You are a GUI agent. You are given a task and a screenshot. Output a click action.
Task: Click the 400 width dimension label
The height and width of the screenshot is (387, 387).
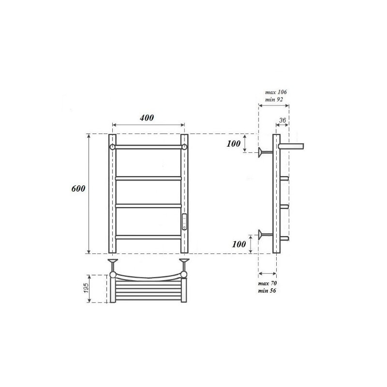pyautogui.click(x=148, y=118)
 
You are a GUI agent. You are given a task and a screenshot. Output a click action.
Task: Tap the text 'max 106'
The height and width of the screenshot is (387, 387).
pyautogui.click(x=277, y=92)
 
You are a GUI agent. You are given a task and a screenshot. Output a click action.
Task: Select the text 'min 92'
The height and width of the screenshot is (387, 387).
pyautogui.click(x=274, y=99)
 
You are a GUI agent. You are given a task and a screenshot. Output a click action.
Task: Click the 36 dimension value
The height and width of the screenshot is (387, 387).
pyautogui.click(x=283, y=120)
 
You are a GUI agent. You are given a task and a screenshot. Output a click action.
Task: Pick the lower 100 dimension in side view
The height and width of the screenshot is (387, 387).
pyautogui.click(x=239, y=244)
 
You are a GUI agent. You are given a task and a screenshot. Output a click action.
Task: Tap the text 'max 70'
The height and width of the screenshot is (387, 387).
pyautogui.click(x=268, y=283)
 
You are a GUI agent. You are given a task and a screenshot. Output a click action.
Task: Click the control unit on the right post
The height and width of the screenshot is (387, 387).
pyautogui.click(x=184, y=222)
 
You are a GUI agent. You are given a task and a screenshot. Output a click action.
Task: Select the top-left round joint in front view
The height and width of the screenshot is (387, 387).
pyautogui.click(x=112, y=147)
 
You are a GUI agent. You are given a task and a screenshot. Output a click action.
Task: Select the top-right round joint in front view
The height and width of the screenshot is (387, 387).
pyautogui.click(x=184, y=147)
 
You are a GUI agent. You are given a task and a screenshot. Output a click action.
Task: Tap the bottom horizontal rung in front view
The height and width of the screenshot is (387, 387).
pyautogui.click(x=148, y=237)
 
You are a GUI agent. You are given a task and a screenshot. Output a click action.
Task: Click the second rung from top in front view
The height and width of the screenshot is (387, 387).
pyautogui.click(x=148, y=178)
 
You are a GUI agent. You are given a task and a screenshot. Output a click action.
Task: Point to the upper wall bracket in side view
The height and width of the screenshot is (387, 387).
pyautogui.click(x=265, y=152)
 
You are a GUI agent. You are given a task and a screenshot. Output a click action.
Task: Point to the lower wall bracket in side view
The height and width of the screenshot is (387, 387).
pyautogui.click(x=265, y=235)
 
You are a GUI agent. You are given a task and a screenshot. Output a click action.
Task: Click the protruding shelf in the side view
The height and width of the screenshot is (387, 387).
pyautogui.click(x=293, y=145)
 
